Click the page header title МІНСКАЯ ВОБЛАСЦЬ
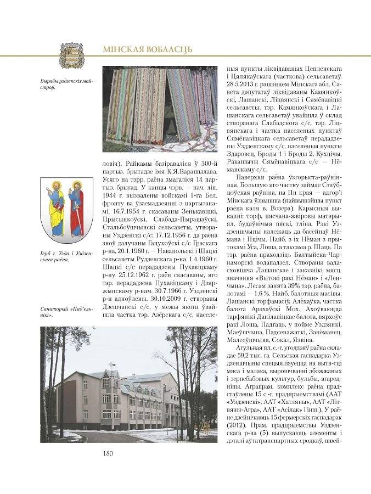(x=147, y=50)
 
